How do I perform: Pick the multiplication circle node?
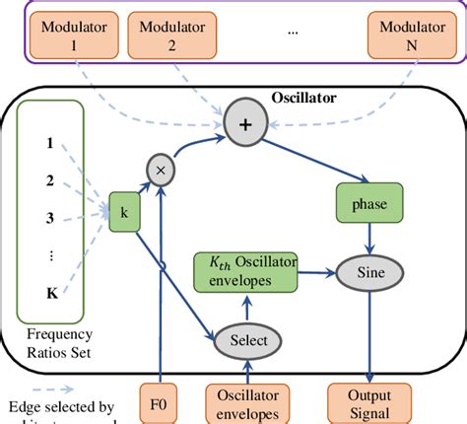(x=159, y=172)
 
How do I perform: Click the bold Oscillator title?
(x=306, y=98)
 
